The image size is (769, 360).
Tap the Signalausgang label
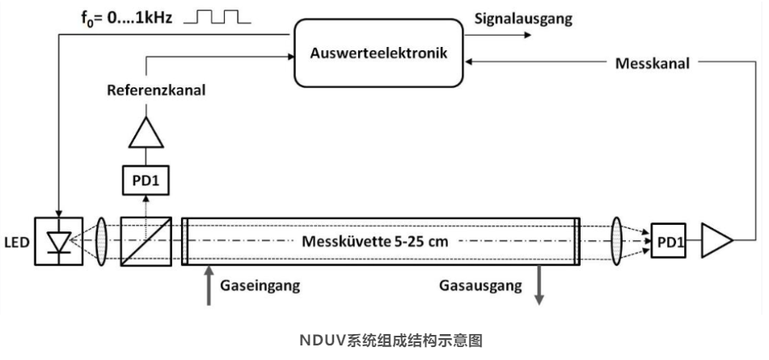(523, 19)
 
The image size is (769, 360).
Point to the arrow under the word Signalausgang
(498, 35)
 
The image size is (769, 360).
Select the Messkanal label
(653, 63)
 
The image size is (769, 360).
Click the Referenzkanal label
(156, 91)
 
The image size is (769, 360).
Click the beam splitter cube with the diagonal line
(146, 241)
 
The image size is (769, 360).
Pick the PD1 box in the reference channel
(146, 180)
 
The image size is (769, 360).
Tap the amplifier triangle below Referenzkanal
(146, 133)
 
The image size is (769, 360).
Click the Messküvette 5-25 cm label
(374, 242)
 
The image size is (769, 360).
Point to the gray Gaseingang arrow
(209, 286)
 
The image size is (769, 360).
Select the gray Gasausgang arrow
(539, 286)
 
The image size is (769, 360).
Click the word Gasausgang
(480, 286)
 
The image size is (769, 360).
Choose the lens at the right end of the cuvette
(616, 241)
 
